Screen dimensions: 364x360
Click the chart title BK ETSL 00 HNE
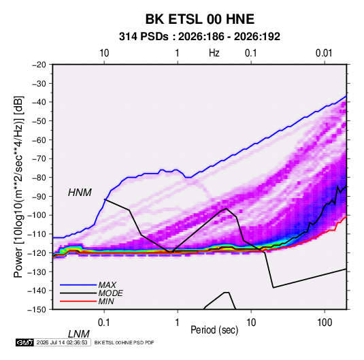pyautogui.click(x=200, y=19)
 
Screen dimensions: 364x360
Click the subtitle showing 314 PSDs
pyautogui.click(x=199, y=37)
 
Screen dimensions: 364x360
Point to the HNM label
pyautogui.click(x=80, y=193)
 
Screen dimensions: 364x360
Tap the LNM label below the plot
pyautogui.click(x=79, y=334)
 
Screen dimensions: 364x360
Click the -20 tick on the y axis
pyautogui.click(x=39, y=65)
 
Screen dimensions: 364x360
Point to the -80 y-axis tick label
pyautogui.click(x=39, y=178)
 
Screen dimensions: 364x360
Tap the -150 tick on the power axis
pyautogui.click(x=37, y=310)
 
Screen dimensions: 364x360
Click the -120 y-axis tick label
pyautogui.click(x=37, y=252)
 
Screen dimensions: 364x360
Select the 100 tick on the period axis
pyautogui.click(x=325, y=323)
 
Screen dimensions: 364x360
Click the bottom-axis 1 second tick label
pyautogui.click(x=178, y=323)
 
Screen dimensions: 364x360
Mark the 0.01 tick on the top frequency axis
pyautogui.click(x=324, y=53)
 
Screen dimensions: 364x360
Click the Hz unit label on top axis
pyautogui.click(x=214, y=53)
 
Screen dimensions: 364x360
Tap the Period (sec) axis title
pyautogui.click(x=214, y=330)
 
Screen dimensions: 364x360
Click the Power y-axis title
pyautogui.click(x=18, y=186)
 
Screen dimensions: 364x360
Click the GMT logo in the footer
pyautogui.click(x=24, y=342)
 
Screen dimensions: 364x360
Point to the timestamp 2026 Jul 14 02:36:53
pyautogui.click(x=62, y=342)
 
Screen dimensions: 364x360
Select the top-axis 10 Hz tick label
pyautogui.click(x=104, y=53)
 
